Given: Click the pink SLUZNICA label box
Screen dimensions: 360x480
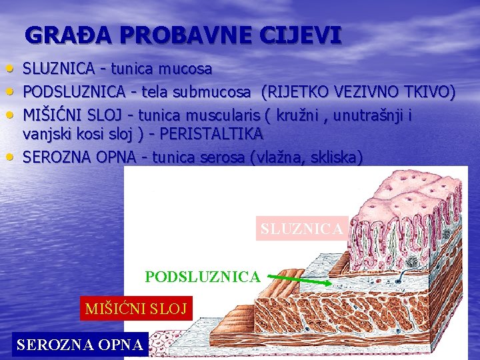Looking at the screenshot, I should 302,229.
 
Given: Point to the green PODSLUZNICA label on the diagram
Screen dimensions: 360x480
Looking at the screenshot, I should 203,276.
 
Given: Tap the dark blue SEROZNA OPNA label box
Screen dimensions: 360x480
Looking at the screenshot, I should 80,345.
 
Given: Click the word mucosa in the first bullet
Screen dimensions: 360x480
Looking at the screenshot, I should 189,69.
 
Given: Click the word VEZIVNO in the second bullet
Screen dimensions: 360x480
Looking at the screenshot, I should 367,91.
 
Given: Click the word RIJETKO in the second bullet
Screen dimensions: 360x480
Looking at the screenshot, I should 298,91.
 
